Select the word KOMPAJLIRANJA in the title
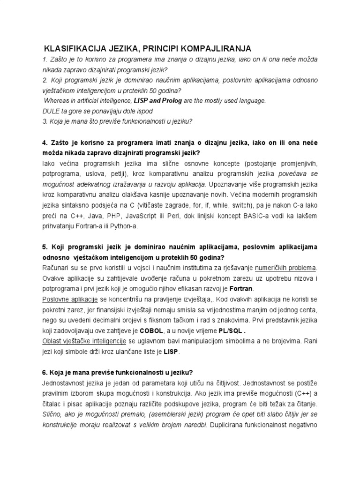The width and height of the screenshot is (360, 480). [x=217, y=49]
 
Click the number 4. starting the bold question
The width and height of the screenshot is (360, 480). [x=45, y=142]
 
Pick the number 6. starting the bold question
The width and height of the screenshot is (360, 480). [x=45, y=373]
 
